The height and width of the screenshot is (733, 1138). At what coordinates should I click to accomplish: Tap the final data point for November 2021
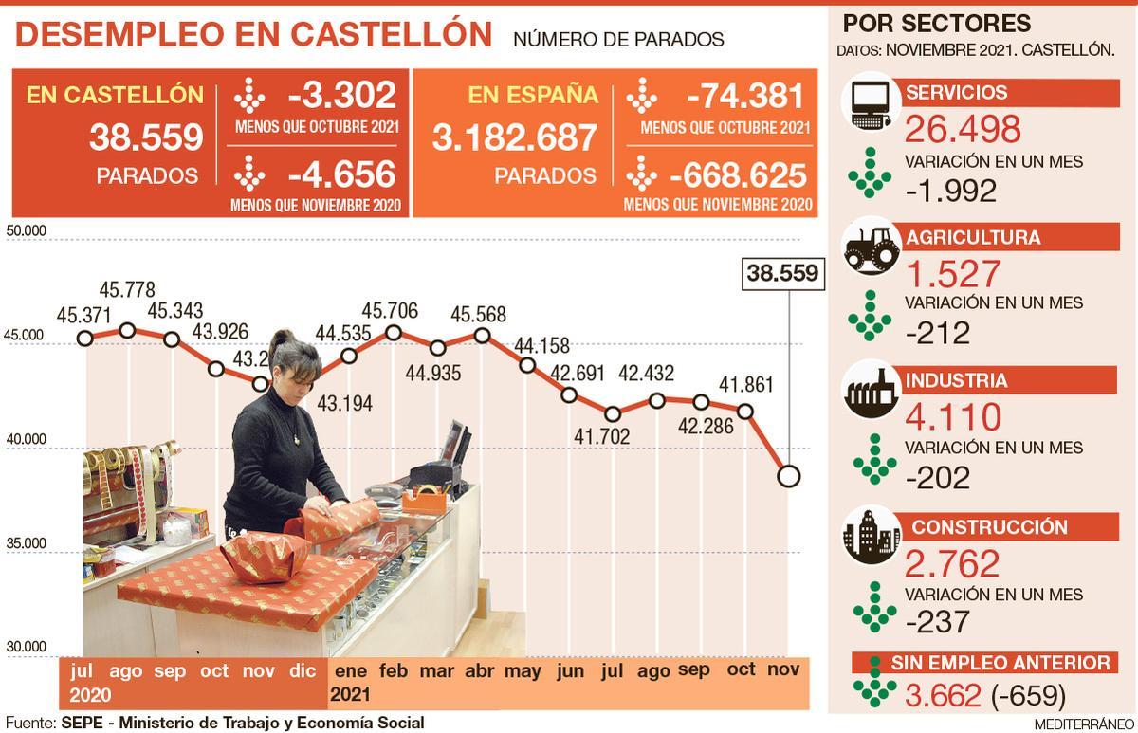(788, 476)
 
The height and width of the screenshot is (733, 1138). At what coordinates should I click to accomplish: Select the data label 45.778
(128, 289)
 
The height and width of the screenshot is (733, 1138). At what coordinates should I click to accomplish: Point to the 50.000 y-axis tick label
(26, 230)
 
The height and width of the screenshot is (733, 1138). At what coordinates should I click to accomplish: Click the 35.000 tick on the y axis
(26, 543)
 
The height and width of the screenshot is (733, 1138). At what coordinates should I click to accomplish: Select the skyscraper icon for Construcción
(871, 536)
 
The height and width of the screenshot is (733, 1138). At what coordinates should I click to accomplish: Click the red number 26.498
(963, 129)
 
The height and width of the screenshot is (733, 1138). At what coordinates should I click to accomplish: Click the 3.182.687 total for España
(515, 138)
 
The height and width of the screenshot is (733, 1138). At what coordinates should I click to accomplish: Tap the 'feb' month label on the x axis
(394, 670)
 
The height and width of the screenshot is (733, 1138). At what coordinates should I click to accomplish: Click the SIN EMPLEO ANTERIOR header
(1000, 663)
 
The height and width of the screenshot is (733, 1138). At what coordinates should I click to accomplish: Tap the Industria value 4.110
(953, 417)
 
